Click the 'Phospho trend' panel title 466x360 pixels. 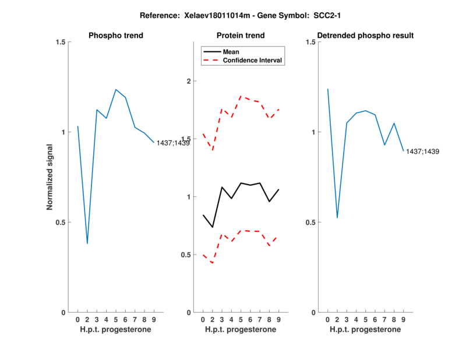coord(115,36)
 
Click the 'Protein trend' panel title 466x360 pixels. coord(241,36)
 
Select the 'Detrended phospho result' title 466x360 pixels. coord(365,36)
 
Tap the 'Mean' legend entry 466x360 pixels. coord(231,52)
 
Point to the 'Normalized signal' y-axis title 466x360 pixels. coord(50,177)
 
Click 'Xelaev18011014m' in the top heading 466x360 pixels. coord(203,14)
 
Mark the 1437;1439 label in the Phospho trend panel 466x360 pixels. coord(173,143)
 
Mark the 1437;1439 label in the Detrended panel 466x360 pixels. coord(422,151)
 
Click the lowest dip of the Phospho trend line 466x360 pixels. coord(87,243)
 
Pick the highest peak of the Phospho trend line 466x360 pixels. coord(116,90)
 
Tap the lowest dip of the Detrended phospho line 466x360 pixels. coord(337,218)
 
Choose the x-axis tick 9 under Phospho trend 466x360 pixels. coord(154,319)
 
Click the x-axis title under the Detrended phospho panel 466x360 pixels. coord(365,329)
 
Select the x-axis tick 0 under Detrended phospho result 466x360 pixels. coord(327,319)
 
